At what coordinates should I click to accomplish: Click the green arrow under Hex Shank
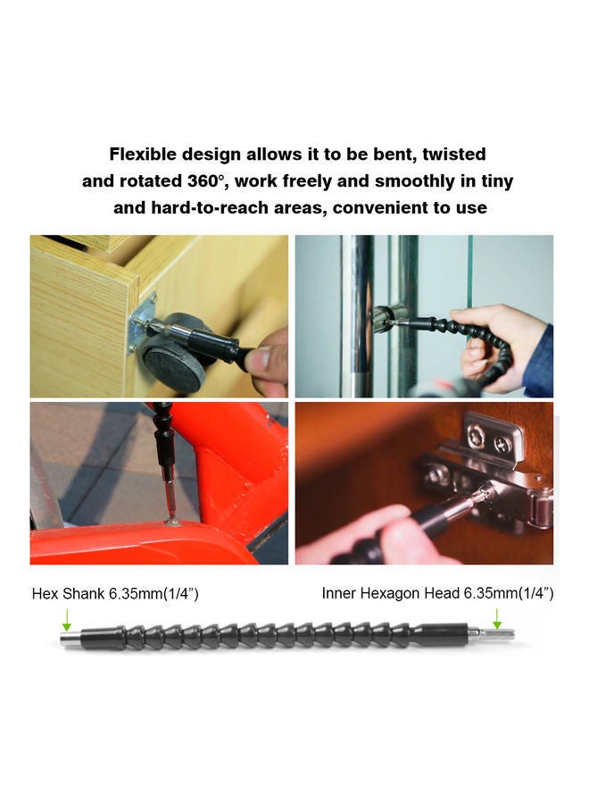66,619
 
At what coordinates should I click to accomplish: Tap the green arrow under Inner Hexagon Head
497,619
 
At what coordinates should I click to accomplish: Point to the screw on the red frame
173,522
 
